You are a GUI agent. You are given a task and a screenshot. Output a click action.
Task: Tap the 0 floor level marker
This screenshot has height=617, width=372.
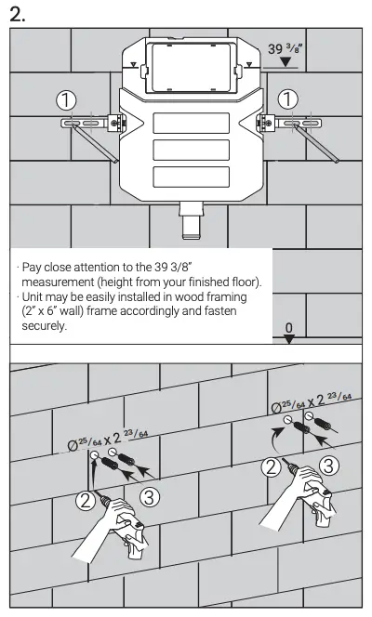[289, 329]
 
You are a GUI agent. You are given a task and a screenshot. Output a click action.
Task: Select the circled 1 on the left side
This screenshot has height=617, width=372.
[66, 99]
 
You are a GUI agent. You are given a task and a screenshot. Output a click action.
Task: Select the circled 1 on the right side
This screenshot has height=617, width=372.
[289, 98]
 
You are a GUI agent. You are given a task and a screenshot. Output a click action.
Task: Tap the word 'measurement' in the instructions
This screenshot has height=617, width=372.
[61, 282]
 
